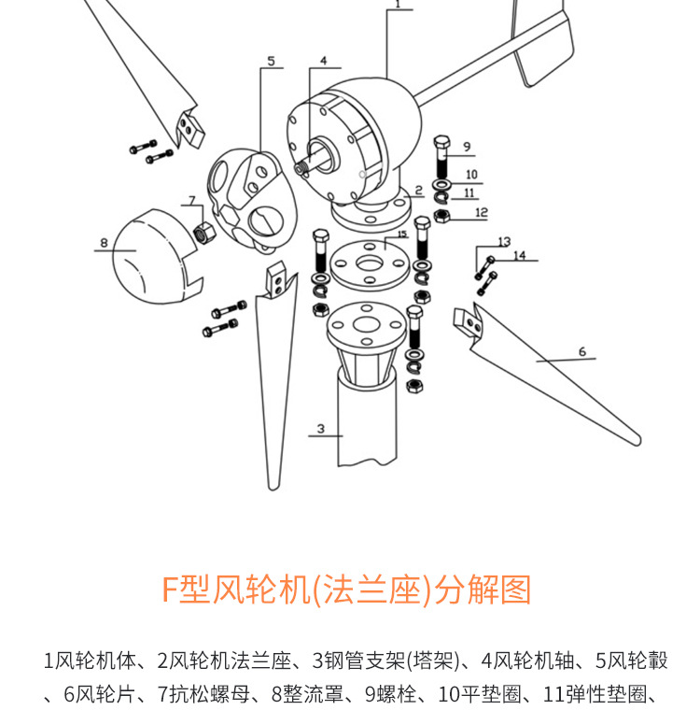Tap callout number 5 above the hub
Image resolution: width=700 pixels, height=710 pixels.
pyautogui.click(x=271, y=62)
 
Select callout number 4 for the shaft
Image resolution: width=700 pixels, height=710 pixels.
pyautogui.click(x=323, y=62)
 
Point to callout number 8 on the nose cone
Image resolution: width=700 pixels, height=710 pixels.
pyautogui.click(x=104, y=244)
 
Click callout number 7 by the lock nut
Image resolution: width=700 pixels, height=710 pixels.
pyautogui.click(x=191, y=200)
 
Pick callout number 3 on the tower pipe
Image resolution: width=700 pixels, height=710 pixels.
pyautogui.click(x=320, y=429)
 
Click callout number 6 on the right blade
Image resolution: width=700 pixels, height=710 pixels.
pyautogui.click(x=581, y=352)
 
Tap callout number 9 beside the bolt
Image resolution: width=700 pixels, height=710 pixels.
pyautogui.click(x=467, y=147)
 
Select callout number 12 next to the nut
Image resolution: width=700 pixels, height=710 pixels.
pyautogui.click(x=481, y=212)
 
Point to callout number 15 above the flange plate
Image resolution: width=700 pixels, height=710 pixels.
pyautogui.click(x=402, y=234)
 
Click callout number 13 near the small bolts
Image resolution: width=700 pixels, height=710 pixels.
pyautogui.click(x=504, y=242)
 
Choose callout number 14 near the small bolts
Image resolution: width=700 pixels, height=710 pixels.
pyautogui.click(x=519, y=255)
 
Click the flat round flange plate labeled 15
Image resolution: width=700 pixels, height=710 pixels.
pyautogui.click(x=371, y=263)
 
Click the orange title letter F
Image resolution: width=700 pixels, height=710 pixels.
pyautogui.click(x=170, y=590)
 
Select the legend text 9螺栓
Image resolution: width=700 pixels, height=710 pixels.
pyautogui.click(x=396, y=694)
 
